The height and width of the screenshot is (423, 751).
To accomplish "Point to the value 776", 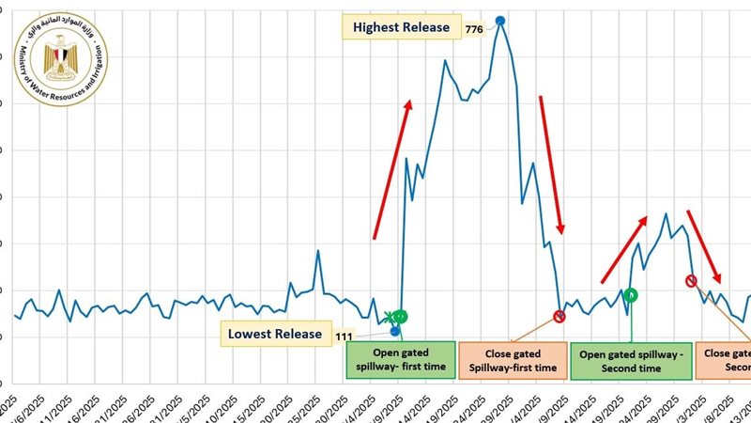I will point(474,29).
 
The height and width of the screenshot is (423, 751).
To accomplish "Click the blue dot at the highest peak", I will point(500,20).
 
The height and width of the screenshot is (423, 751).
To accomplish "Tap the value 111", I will point(343,335).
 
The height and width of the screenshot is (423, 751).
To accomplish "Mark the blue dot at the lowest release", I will point(395,331).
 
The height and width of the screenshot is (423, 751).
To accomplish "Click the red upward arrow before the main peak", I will point(391,169).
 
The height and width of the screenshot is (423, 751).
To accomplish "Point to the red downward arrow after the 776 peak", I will point(552,164).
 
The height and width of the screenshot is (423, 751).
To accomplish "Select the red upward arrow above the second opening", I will point(623,249).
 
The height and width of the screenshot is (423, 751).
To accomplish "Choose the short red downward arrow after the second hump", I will point(704,246).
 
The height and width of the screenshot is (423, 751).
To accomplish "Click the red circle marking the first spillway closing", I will point(559,317).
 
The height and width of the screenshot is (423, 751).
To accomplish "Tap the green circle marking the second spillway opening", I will point(631,294).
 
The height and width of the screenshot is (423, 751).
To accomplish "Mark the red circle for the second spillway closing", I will point(692,280).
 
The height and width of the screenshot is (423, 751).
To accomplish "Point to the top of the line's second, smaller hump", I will point(666,214).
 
